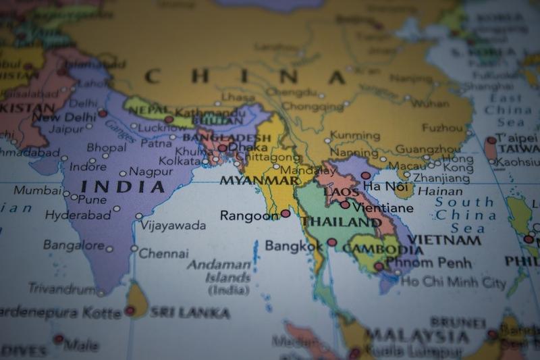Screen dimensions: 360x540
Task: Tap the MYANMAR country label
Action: tap(259, 180)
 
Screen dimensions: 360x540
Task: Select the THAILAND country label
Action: tap(341, 222)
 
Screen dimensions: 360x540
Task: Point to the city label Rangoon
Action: tap(249, 215)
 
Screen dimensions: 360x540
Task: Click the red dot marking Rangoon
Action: tap(286, 213)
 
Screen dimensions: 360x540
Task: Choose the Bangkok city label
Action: tap(294, 246)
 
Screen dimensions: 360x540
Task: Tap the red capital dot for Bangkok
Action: tap(331, 242)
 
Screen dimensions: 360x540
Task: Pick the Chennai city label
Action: tap(164, 254)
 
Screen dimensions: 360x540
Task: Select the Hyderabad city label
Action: tap(78, 215)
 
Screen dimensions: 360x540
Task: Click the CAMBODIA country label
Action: tap(383, 249)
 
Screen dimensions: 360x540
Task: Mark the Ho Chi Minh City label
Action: tap(453, 282)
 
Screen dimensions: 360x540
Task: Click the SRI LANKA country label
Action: tap(190, 313)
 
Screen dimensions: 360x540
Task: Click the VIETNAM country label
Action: tap(445, 240)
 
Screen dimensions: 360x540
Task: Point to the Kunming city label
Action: tap(355, 136)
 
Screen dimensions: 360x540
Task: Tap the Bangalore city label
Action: tap(74, 245)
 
